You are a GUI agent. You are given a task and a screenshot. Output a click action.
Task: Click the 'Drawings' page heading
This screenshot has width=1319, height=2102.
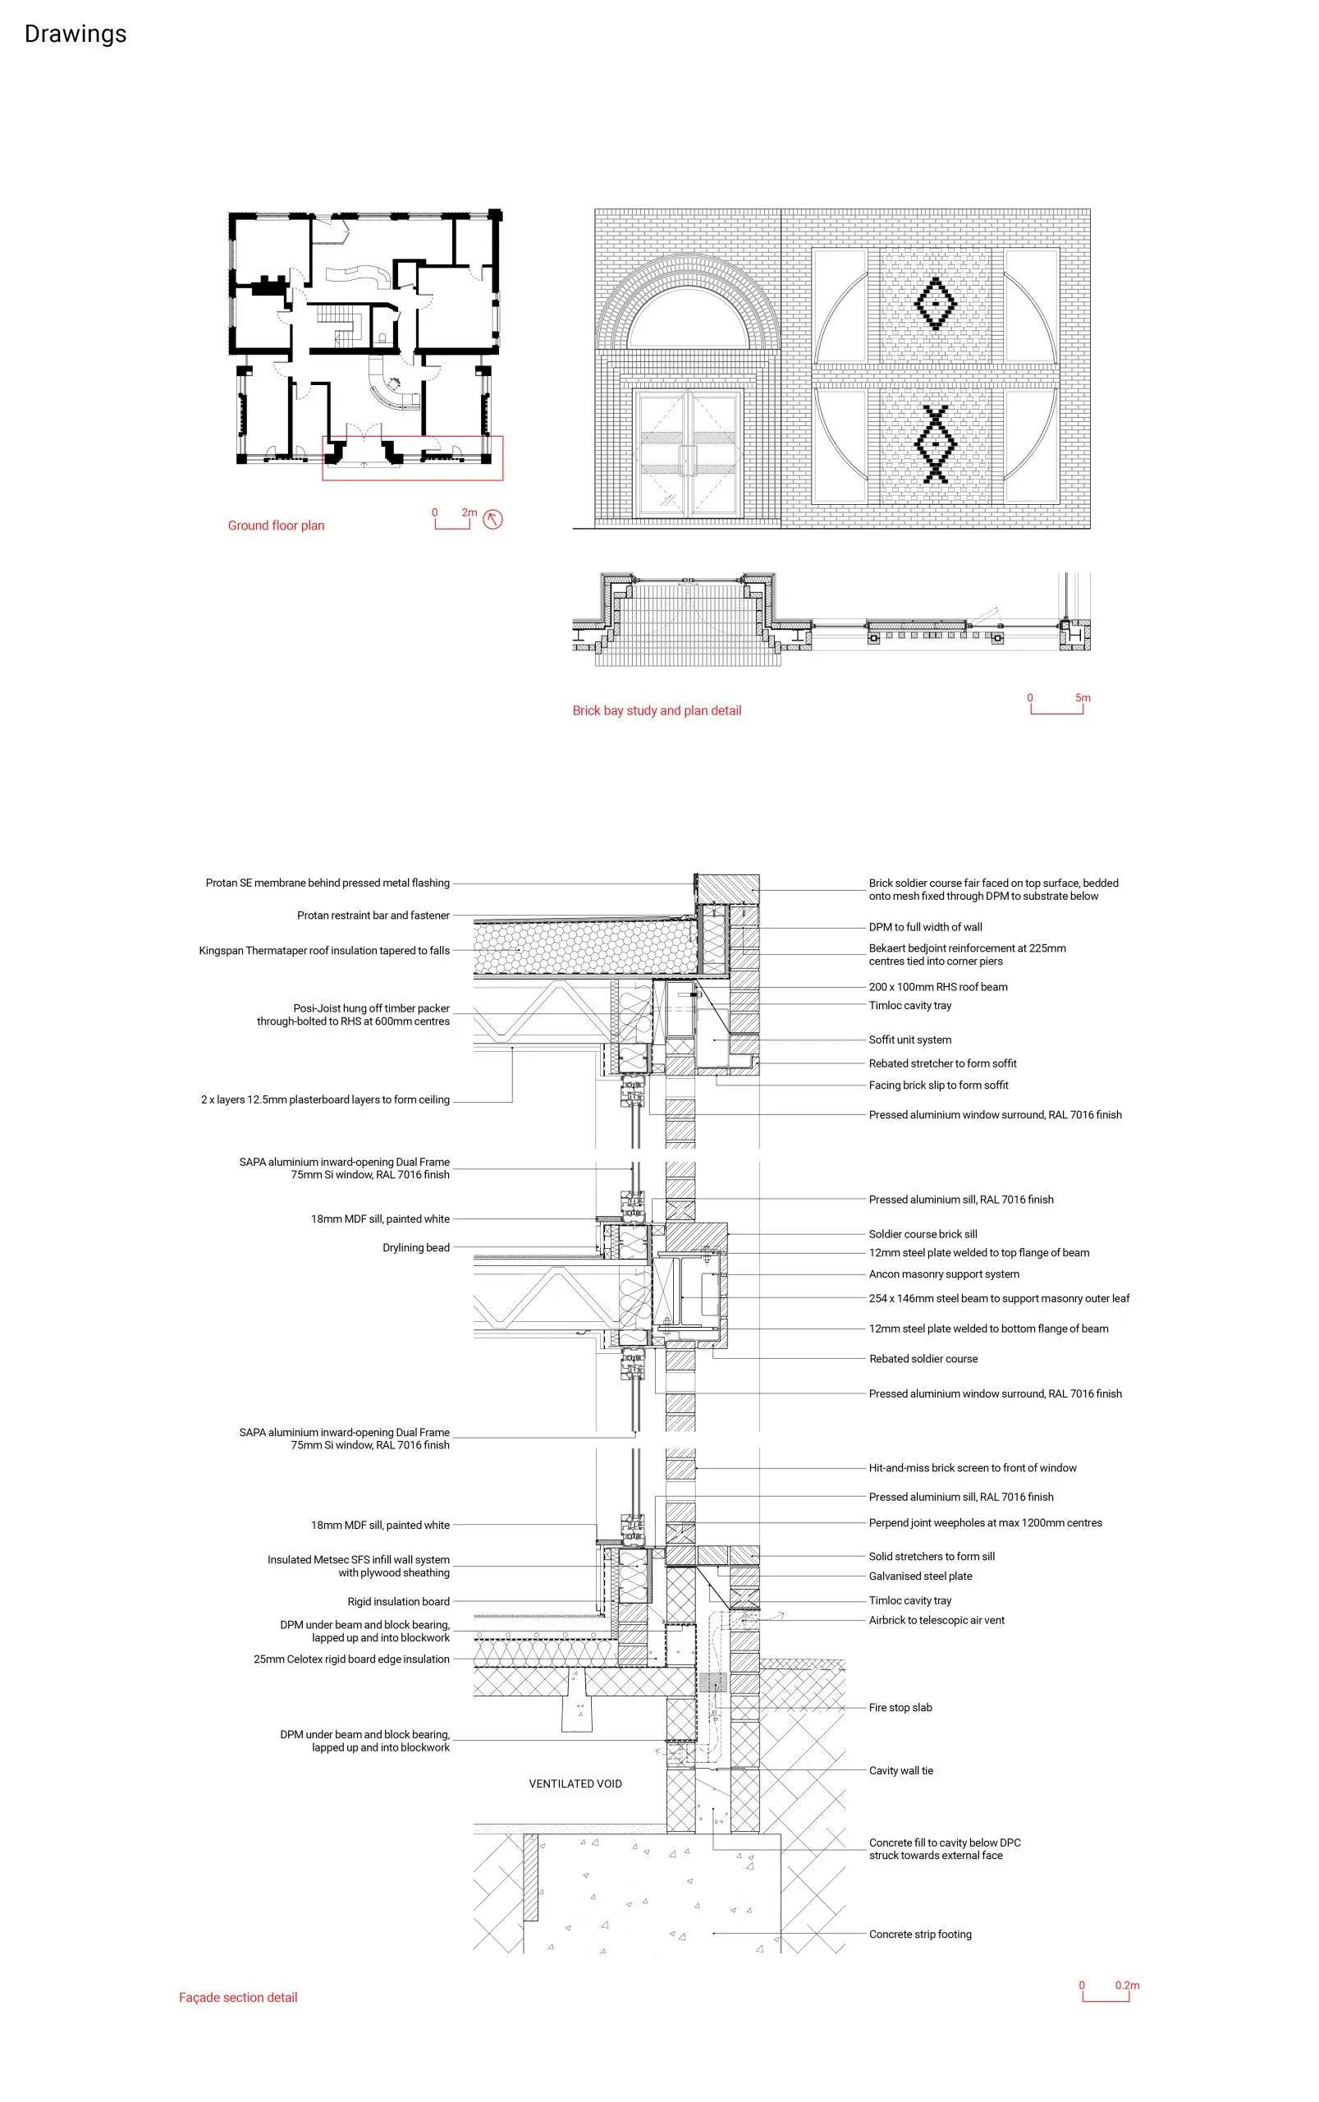pyautogui.click(x=75, y=34)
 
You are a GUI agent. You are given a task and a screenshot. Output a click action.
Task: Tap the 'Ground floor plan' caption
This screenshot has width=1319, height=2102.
pyautogui.click(x=276, y=525)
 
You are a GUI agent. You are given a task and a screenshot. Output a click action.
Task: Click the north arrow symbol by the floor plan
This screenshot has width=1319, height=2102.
pyautogui.click(x=492, y=520)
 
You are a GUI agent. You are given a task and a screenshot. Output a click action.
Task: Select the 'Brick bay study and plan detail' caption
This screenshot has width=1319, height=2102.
pyautogui.click(x=657, y=710)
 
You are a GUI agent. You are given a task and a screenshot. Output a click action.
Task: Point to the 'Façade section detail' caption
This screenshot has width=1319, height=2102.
pyautogui.click(x=238, y=1997)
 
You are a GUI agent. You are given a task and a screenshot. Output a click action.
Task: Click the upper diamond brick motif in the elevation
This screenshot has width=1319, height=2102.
pyautogui.click(x=935, y=304)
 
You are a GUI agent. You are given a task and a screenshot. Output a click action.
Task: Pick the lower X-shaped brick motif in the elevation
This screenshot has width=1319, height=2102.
pyautogui.click(x=935, y=444)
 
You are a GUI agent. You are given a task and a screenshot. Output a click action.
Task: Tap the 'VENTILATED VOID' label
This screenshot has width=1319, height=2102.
pyautogui.click(x=575, y=1783)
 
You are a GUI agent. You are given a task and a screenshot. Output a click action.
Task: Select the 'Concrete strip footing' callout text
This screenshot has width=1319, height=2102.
pyautogui.click(x=920, y=1934)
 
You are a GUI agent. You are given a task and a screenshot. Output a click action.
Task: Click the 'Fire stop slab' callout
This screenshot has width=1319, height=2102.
pyautogui.click(x=900, y=1708)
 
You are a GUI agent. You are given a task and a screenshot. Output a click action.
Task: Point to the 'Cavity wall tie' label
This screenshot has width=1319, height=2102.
pyautogui.click(x=901, y=1770)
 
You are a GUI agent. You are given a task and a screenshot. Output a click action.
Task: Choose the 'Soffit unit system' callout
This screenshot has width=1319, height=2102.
pyautogui.click(x=910, y=1040)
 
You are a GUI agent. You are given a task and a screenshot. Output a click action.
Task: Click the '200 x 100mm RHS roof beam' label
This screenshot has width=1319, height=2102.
pyautogui.click(x=938, y=987)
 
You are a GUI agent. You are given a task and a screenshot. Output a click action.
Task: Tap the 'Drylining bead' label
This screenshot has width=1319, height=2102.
pyautogui.click(x=416, y=1248)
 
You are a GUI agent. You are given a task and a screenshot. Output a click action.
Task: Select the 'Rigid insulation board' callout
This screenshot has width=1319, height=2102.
pyautogui.click(x=399, y=1601)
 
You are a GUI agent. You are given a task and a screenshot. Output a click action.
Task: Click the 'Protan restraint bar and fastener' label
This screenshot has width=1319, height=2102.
pyautogui.click(x=373, y=916)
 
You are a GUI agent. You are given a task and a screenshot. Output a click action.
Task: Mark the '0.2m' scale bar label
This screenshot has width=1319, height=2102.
pyautogui.click(x=1127, y=1985)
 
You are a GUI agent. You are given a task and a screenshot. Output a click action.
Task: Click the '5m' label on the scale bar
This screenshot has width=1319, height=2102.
pyautogui.click(x=1083, y=698)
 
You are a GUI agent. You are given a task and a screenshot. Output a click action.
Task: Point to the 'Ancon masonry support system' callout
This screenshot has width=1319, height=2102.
pyautogui.click(x=944, y=1274)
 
